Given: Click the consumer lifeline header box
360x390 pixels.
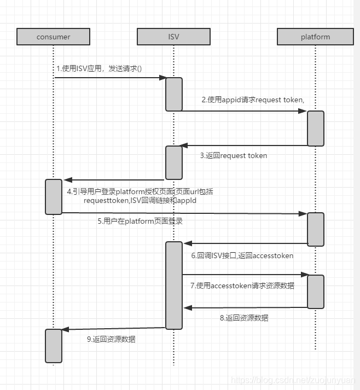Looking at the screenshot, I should click(x=53, y=37).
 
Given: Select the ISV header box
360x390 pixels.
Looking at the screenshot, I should click(x=173, y=37).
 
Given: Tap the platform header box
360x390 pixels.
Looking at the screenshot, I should click(x=315, y=37).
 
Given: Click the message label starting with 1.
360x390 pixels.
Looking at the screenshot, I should click(x=99, y=68).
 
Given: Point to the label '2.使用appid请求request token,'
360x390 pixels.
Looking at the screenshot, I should click(x=252, y=100).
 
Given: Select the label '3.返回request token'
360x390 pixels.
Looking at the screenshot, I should click(x=234, y=155).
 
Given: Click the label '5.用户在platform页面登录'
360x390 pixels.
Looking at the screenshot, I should click(x=140, y=221).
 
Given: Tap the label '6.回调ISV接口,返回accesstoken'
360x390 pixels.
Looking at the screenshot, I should click(x=242, y=255).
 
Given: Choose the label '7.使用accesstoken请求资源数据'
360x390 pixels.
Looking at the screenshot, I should click(x=242, y=285).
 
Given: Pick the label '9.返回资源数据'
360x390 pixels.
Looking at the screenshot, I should click(x=111, y=339).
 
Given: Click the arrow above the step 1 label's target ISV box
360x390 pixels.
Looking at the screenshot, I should click(x=109, y=78).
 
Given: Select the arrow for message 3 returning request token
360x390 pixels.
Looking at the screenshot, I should click(x=243, y=145).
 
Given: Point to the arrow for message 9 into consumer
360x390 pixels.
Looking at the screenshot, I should click(x=113, y=328).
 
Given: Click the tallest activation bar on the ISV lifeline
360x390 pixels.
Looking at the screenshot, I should click(x=174, y=285).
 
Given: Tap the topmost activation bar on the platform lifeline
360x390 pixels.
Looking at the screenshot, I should click(x=315, y=129).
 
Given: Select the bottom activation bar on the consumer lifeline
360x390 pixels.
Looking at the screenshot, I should click(x=54, y=345).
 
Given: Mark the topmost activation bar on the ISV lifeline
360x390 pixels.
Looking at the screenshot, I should click(x=174, y=94).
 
